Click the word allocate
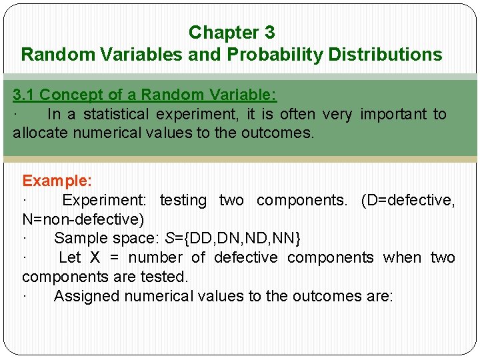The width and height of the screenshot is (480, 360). tap(41, 133)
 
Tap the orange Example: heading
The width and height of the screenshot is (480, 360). tap(57, 181)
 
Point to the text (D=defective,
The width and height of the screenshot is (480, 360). tap(408, 200)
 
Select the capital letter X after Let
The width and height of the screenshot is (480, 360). tap(95, 257)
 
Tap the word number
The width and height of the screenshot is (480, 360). tap(155, 257)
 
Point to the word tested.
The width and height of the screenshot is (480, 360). tap(165, 276)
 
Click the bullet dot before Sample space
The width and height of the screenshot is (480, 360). tap(25, 238)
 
